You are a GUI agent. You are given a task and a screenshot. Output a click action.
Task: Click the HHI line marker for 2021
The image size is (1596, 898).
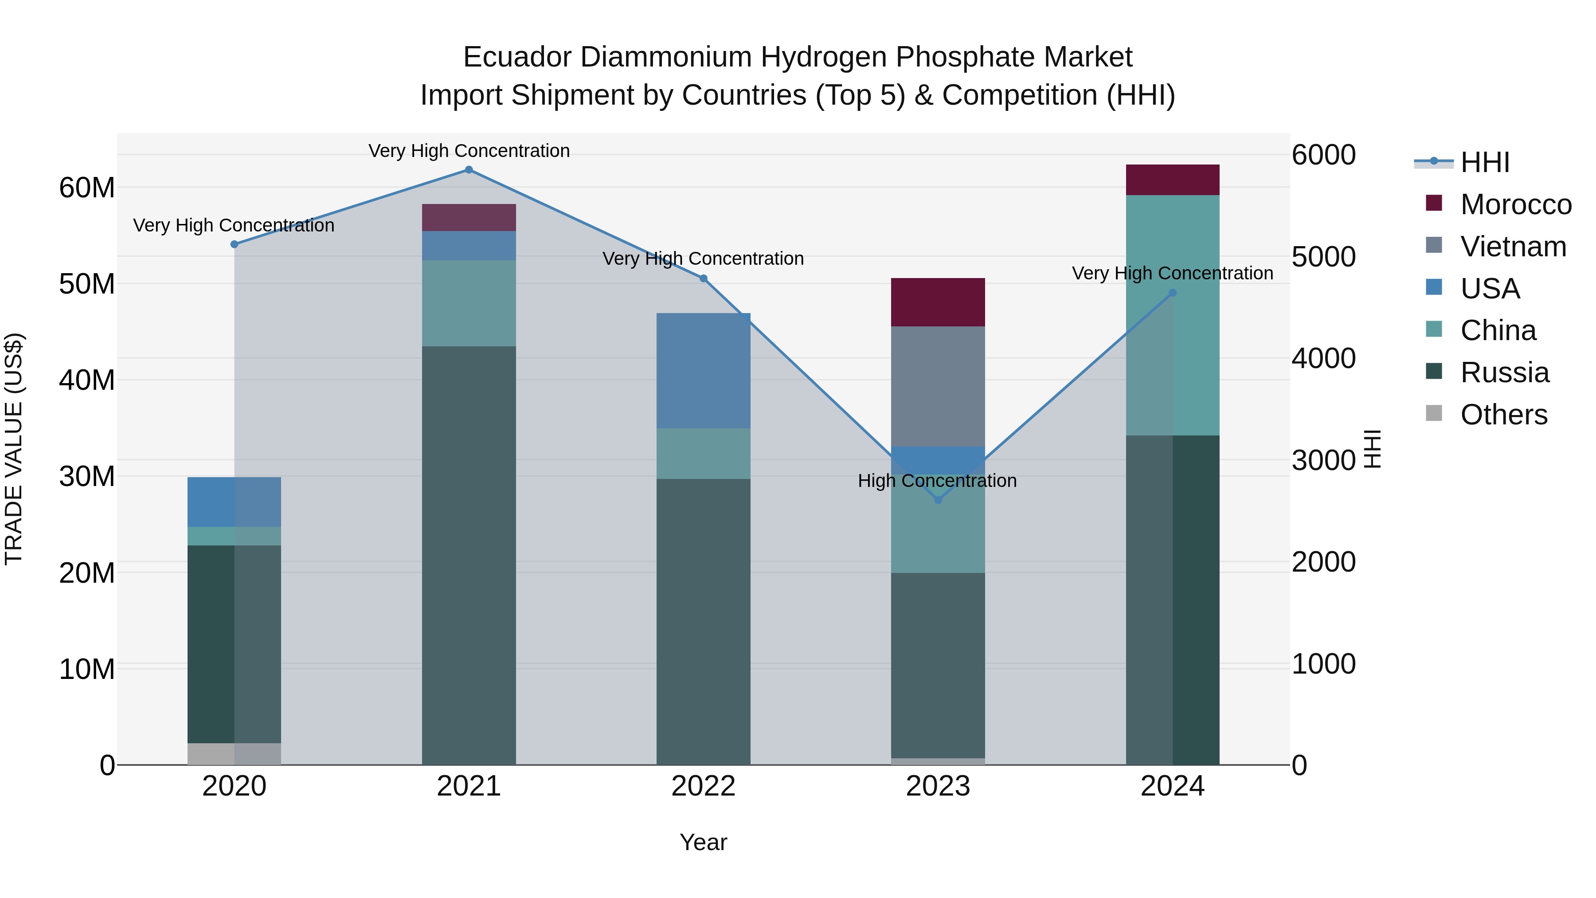point(469,170)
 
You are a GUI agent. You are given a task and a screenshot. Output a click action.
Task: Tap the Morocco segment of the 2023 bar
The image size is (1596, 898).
point(937,302)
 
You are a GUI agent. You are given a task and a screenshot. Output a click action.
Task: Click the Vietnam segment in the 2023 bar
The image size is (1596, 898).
point(937,386)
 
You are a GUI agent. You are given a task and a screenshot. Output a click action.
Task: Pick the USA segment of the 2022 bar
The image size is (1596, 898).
point(703,371)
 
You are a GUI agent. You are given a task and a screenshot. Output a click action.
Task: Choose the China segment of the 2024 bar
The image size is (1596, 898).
point(1172,315)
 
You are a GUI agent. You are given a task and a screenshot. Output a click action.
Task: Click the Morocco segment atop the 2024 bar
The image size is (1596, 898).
point(1172,180)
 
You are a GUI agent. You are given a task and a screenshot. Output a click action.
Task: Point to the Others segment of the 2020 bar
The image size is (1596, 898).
point(234,753)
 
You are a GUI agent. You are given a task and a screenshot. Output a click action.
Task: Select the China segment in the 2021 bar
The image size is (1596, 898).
point(469,303)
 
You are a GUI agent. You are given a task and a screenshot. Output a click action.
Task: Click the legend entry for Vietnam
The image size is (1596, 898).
point(1512,247)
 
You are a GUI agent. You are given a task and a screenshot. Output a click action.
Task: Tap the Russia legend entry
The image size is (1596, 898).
point(1504,373)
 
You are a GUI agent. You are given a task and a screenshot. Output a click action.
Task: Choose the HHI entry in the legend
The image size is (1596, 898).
point(1484,162)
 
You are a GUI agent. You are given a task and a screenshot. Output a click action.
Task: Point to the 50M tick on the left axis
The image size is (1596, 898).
point(87,284)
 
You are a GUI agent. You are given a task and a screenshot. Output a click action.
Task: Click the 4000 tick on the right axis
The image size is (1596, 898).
point(1324,358)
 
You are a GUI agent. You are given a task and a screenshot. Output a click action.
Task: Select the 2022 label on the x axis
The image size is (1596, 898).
point(703,786)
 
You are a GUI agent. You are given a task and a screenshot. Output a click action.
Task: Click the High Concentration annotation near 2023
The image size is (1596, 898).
point(937,481)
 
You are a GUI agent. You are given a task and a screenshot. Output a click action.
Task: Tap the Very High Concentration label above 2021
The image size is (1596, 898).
point(469,151)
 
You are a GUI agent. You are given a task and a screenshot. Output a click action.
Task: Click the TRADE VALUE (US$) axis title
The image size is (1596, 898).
point(14,449)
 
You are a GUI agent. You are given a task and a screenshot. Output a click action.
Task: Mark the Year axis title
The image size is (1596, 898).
point(703,842)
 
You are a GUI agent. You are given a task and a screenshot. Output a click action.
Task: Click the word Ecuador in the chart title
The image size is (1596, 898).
point(517,57)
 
